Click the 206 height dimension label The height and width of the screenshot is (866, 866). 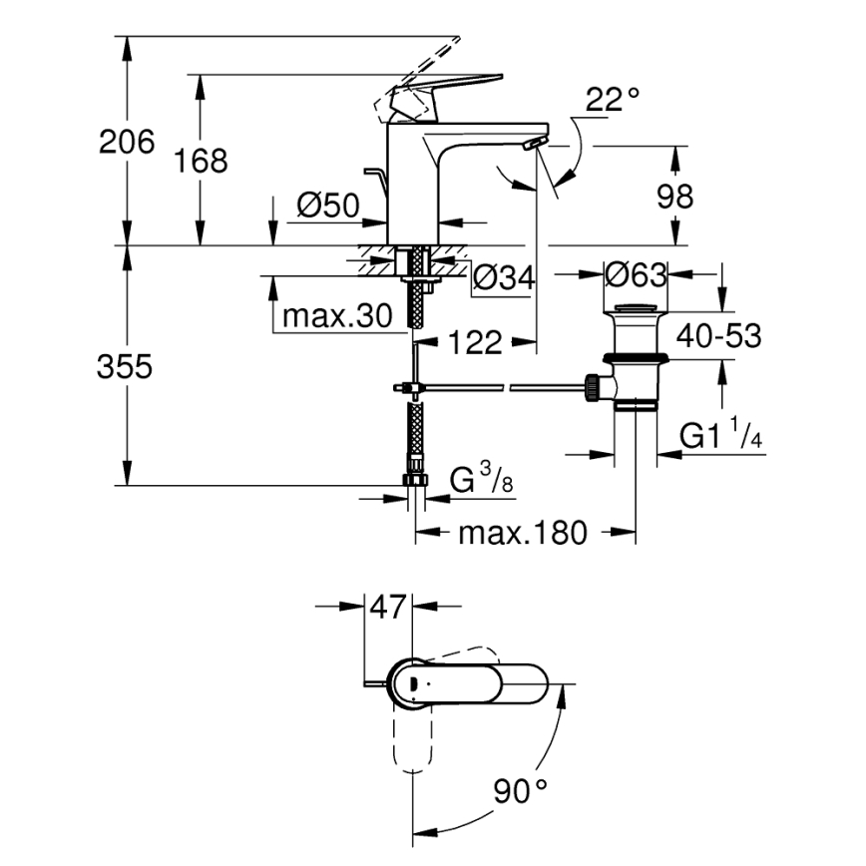(127, 143)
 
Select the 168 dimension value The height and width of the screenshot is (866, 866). (200, 161)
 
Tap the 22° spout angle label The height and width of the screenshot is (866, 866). (612, 100)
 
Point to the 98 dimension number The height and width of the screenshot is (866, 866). (674, 197)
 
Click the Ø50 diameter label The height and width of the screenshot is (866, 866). (327, 206)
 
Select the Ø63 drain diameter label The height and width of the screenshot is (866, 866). (635, 272)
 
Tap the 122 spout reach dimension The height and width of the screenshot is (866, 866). (474, 342)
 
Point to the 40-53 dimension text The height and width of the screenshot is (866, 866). (718, 336)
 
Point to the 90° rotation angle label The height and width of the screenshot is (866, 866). (520, 793)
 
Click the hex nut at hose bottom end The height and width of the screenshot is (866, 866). (414, 480)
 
